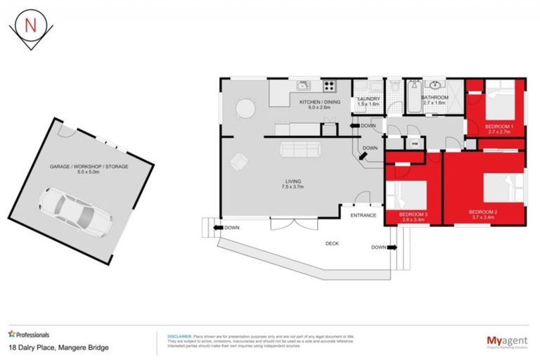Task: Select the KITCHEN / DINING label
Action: (x=319, y=103)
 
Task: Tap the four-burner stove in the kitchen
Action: (x=328, y=86)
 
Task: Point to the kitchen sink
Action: (x=304, y=86)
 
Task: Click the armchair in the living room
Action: (x=239, y=161)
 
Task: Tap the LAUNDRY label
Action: (x=369, y=99)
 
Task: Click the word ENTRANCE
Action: (x=364, y=215)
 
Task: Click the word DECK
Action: (x=333, y=245)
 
